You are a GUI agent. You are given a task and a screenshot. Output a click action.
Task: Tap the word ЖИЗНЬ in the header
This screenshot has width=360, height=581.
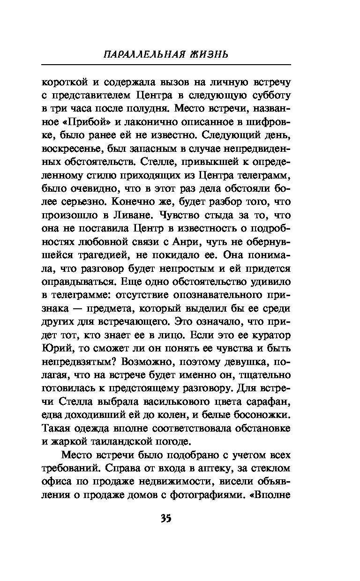click(x=209, y=54)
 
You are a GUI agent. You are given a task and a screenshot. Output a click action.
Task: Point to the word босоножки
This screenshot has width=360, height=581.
click(x=259, y=415)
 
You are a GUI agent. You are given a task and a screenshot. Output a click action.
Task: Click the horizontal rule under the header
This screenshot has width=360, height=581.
click(x=166, y=65)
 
